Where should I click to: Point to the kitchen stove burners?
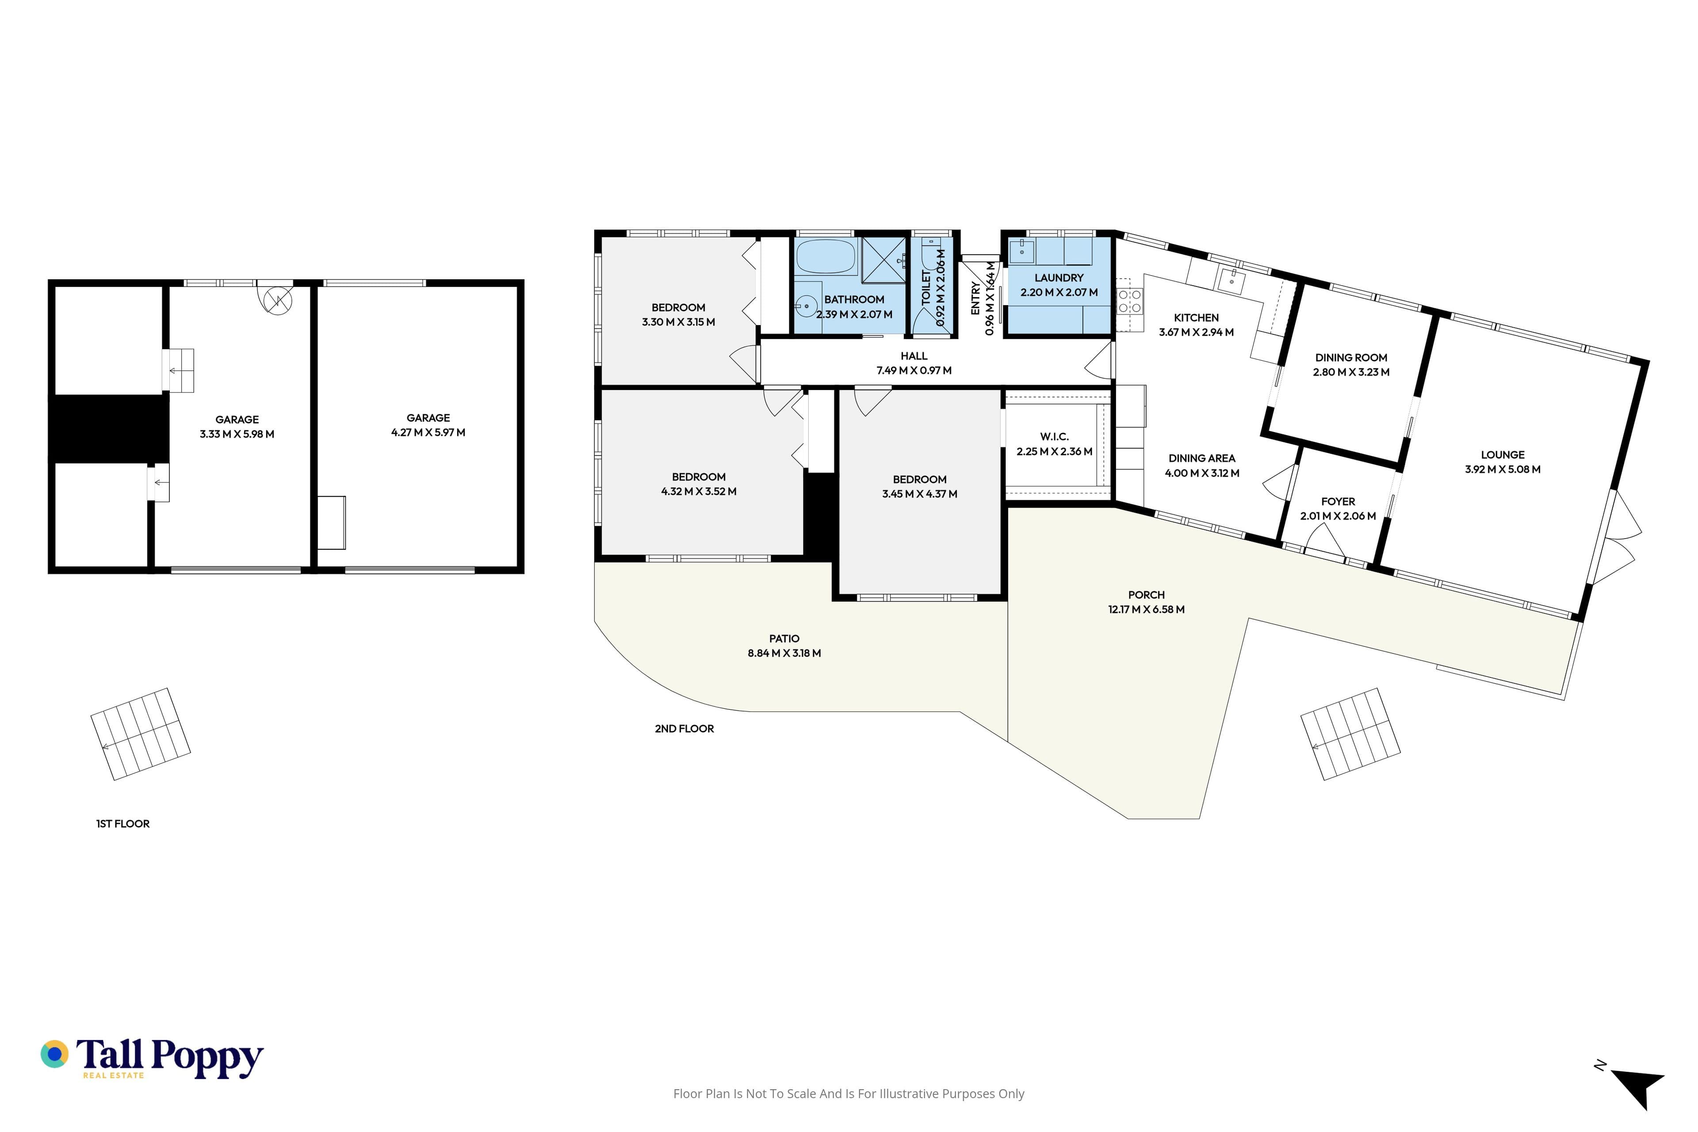pos(1130,301)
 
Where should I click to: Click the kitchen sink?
pos(1231,279)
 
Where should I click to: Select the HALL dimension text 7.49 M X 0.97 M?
pos(914,371)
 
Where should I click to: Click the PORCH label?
pos(1147,595)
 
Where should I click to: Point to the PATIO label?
pos(784,638)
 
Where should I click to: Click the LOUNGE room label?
pos(1503,455)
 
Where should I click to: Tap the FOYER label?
pos(1338,501)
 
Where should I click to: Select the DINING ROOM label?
pos(1351,357)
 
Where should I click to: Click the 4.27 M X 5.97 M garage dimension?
pos(428,432)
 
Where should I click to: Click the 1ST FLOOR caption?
pos(123,824)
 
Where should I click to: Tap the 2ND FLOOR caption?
pos(685,728)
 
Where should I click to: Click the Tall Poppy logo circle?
pos(54,1054)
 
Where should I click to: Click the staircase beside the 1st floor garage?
pos(140,734)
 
